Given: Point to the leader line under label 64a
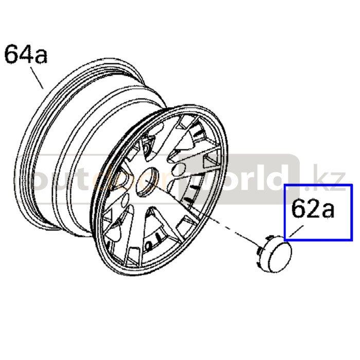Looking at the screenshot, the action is coord(37,78).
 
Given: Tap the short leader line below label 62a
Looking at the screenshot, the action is coord(296,231).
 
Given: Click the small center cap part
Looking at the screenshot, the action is coord(274,253).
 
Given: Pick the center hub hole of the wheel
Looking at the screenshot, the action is coord(148,183).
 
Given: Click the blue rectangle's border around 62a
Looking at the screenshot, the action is coord(285,212).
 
